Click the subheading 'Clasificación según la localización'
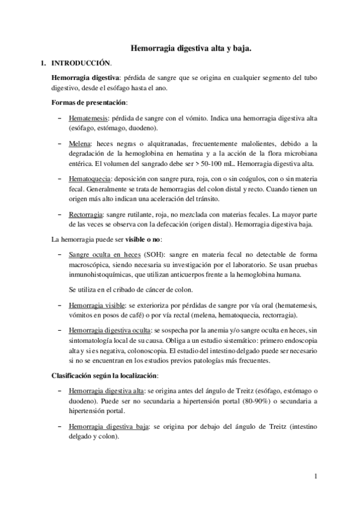point(104,376)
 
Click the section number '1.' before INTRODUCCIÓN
point(42,63)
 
